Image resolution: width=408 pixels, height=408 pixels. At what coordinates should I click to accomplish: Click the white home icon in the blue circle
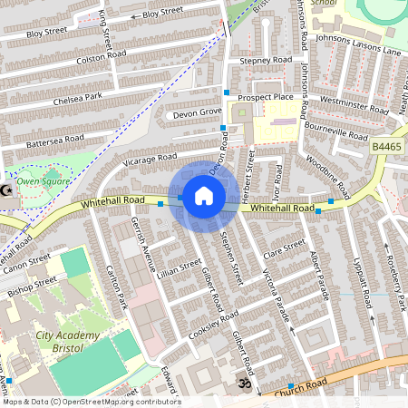point(204,195)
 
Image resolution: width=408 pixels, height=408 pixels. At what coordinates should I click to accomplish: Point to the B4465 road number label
point(386,144)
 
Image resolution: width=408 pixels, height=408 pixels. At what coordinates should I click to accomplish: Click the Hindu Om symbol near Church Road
point(242,384)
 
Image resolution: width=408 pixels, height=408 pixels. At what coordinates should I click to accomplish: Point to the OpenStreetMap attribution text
point(91,402)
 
